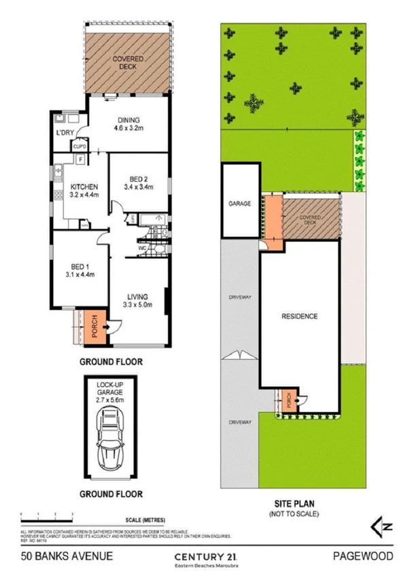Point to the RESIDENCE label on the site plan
[300, 317]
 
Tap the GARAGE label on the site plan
[239, 203]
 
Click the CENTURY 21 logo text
[205, 556]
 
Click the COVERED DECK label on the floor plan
[128, 63]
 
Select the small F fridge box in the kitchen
[81, 160]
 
